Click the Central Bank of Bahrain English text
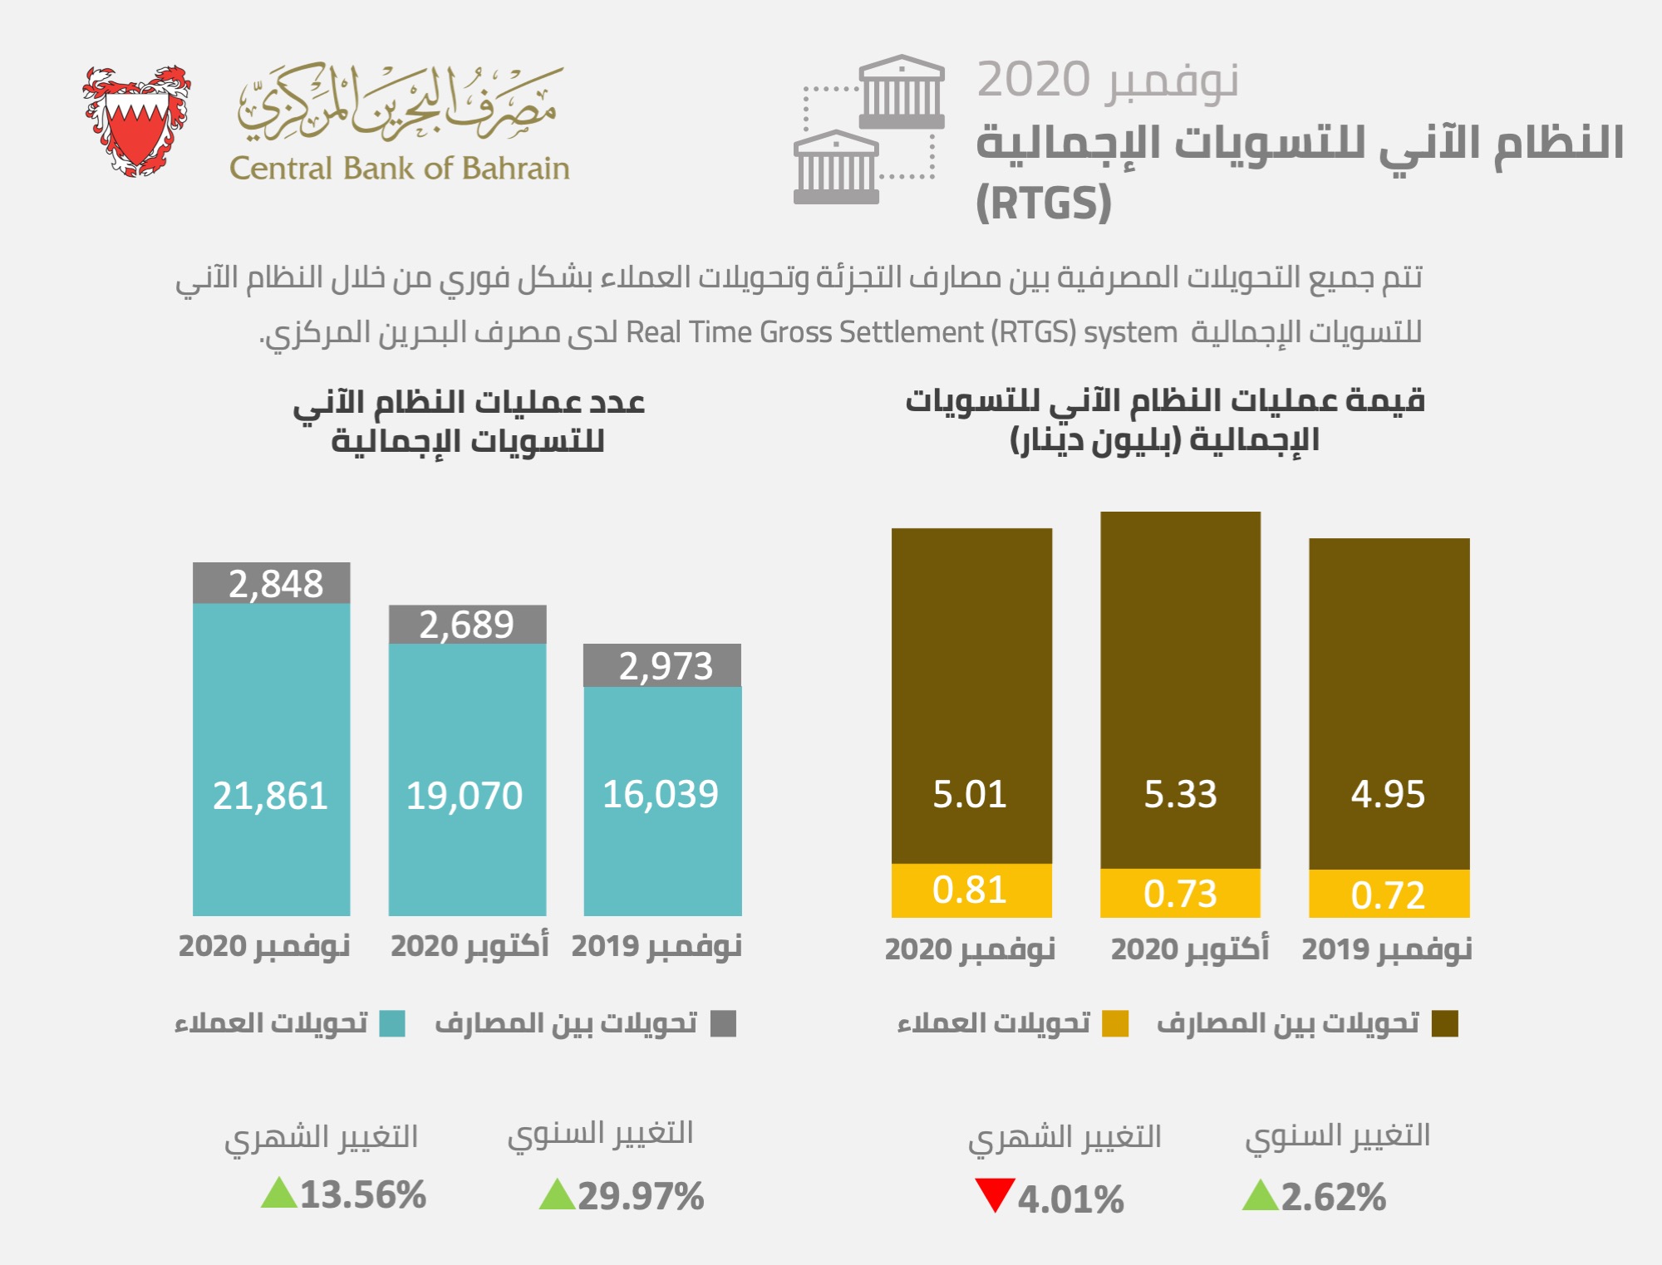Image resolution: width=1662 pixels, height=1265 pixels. tap(399, 169)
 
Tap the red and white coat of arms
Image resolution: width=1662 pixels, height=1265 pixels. tap(137, 120)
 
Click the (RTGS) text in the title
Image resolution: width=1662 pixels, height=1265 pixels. tap(1043, 203)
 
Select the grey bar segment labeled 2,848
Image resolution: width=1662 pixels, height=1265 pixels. tap(272, 583)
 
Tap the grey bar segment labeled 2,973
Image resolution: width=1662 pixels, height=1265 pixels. tap(662, 665)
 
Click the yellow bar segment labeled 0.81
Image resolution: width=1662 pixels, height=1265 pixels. tap(971, 890)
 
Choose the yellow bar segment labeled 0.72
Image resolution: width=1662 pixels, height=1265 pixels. tap(1389, 894)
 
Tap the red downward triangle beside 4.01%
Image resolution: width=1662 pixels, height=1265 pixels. tap(994, 1194)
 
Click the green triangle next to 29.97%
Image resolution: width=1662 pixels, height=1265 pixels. tap(557, 1196)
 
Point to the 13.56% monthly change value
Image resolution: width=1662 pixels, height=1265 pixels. tap(362, 1195)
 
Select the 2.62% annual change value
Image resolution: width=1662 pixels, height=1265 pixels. tap(1333, 1197)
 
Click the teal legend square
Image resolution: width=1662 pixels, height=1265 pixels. tap(392, 1023)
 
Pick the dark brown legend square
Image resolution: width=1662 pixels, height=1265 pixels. tap(1445, 1023)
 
